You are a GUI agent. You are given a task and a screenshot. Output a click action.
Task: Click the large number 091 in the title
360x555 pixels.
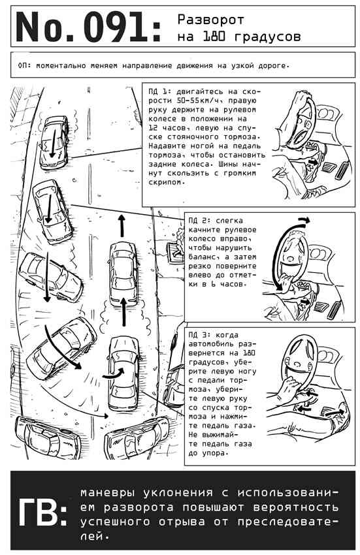click(x=116, y=27)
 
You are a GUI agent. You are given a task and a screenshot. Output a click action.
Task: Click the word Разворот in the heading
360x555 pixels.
click(x=210, y=20)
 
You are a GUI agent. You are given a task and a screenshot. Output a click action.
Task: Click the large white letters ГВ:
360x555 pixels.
click(x=42, y=512)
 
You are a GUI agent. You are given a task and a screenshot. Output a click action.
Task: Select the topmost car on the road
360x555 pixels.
click(x=54, y=142)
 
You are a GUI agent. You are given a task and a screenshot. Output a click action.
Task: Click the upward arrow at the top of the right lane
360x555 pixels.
click(x=122, y=225)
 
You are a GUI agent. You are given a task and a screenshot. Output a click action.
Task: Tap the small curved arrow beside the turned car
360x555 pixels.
click(x=114, y=373)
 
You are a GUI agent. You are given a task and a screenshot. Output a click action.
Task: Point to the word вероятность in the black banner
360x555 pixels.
click(x=295, y=507)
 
